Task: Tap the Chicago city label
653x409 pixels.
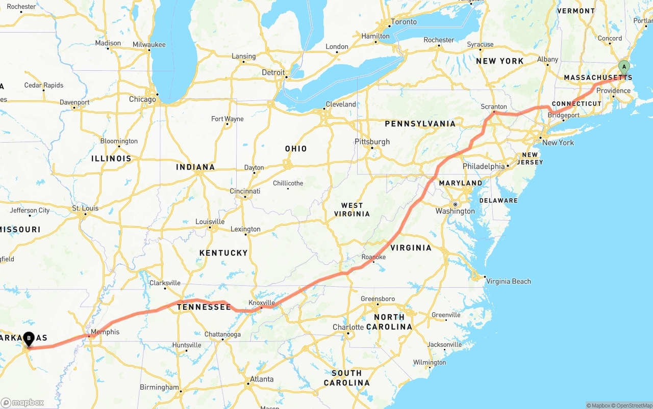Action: [x=142, y=99]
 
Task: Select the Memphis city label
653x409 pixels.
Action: [x=107, y=332]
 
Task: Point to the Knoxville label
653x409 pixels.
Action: [x=262, y=303]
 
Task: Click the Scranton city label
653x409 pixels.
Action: [x=494, y=107]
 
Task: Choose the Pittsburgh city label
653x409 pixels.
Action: [x=372, y=142]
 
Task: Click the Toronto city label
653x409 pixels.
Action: [x=404, y=22]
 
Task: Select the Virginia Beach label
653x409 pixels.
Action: [x=508, y=281]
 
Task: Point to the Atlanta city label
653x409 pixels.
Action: [x=261, y=379]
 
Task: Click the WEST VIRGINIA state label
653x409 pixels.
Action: [x=352, y=209]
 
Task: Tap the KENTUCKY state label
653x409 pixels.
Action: [x=223, y=253]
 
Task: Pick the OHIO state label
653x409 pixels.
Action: [x=296, y=149]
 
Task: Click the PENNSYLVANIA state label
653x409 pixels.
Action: [x=420, y=124]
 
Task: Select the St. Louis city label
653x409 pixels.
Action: [x=85, y=208]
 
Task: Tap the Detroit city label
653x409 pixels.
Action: [x=273, y=72]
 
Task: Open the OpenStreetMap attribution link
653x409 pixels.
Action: [x=633, y=405]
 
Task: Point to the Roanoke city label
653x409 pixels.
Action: [x=373, y=257]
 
